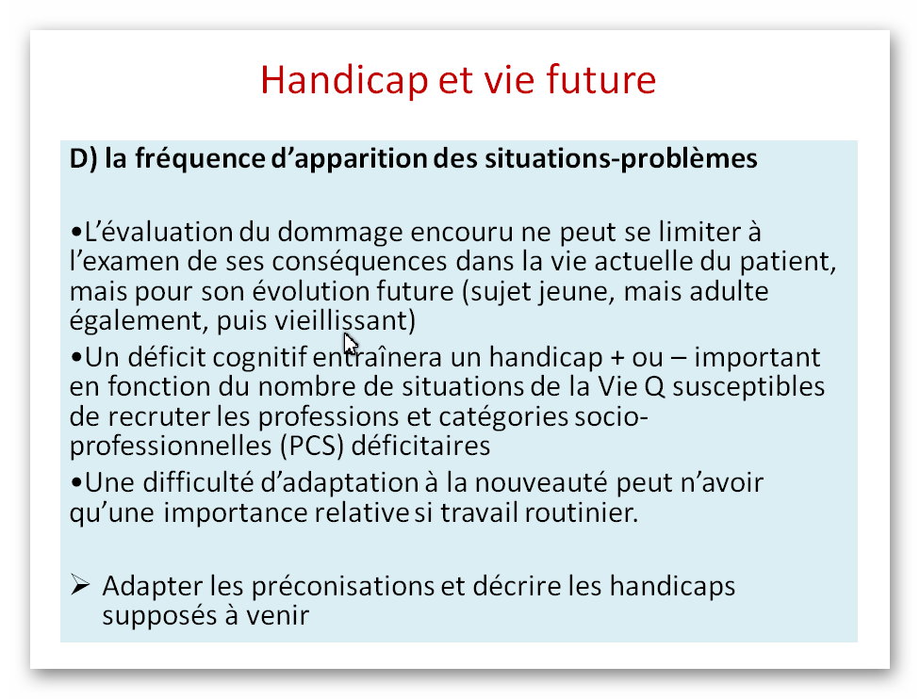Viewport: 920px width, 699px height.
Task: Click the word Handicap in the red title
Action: tap(344, 80)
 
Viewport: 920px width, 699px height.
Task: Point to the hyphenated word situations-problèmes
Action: tap(621, 159)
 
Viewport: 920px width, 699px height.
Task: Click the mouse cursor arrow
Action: tap(350, 344)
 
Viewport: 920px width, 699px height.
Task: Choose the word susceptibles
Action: tap(748, 387)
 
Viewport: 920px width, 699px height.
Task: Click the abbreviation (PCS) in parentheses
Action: tap(312, 447)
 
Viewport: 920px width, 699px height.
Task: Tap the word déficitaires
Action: tap(420, 447)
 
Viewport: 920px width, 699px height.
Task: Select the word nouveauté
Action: tap(542, 483)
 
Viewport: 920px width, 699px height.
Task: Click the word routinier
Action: tap(581, 512)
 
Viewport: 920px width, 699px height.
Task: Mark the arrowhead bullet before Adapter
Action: tap(80, 585)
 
